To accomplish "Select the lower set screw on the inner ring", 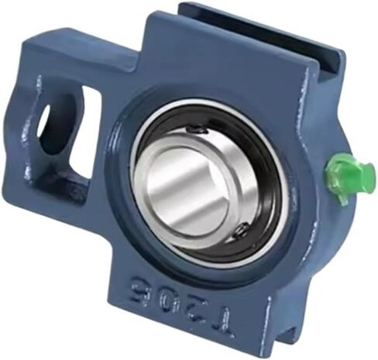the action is click(241, 230).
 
